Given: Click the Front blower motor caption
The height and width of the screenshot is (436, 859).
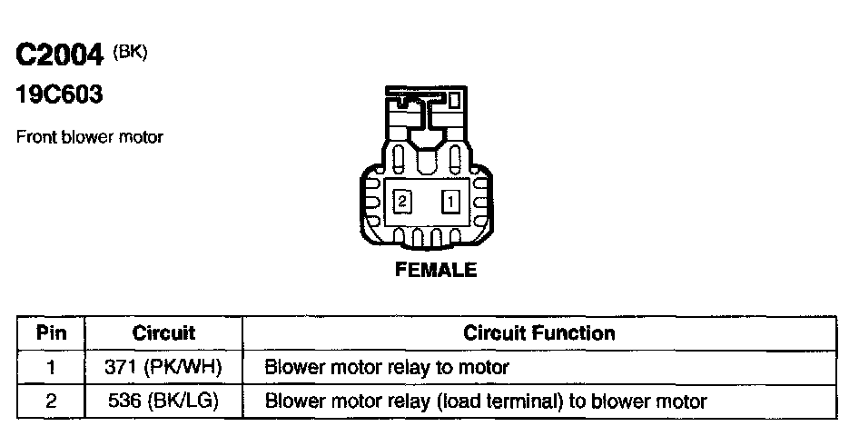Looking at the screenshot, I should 90,138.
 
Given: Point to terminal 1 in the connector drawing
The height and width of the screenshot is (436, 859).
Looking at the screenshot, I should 450,201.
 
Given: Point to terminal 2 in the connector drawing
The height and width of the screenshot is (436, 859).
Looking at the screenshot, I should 401,201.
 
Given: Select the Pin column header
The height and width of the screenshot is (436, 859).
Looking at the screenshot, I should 52,333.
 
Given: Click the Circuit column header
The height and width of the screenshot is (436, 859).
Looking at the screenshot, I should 164,333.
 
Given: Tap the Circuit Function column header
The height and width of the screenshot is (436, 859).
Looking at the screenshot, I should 539,333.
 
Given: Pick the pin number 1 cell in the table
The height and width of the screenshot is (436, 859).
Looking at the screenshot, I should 52,368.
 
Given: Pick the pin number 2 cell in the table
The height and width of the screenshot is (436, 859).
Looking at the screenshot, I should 52,401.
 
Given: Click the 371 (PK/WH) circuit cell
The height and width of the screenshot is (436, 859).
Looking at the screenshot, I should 164,368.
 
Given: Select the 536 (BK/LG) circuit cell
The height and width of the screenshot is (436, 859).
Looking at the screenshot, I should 164,401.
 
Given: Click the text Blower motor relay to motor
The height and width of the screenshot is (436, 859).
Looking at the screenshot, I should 386,368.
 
